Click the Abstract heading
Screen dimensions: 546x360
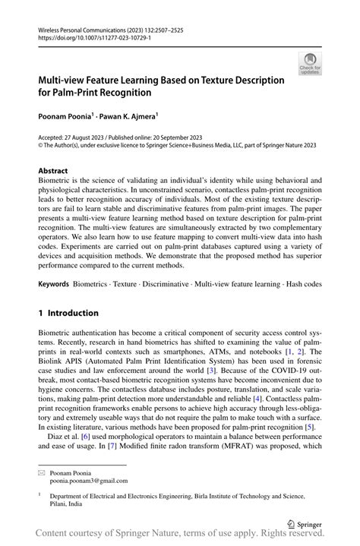[x=52, y=171]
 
